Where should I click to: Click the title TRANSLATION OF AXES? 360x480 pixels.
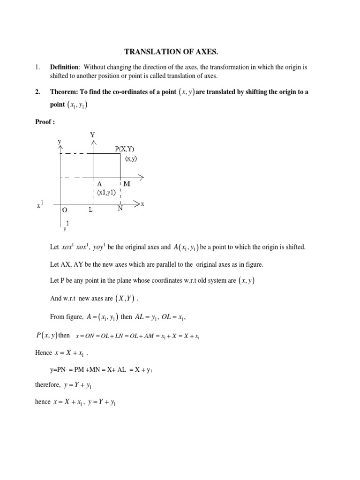[180, 51]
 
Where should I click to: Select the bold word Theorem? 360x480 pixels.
[67, 92]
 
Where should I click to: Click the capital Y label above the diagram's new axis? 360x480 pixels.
[93, 135]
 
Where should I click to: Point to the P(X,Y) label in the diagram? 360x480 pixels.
[127, 149]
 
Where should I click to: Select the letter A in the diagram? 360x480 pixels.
[99, 184]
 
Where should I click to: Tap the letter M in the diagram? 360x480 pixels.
[127, 184]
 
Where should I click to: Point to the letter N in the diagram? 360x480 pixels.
[120, 209]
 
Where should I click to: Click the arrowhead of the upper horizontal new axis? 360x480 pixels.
[141, 177]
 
